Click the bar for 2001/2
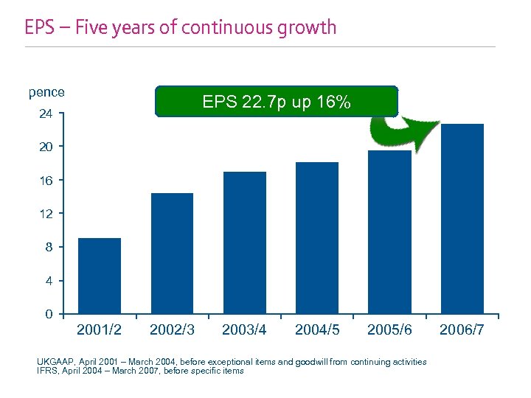100,276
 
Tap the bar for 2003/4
244,242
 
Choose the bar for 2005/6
389,231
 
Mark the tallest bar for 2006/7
462,218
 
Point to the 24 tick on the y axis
46,114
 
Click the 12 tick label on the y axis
46,214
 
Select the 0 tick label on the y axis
49,314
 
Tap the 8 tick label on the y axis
49,247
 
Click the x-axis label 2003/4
244,330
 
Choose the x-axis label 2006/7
462,330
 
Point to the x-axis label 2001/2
100,330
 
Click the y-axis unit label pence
46,92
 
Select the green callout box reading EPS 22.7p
276,102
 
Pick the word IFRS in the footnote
47,371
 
